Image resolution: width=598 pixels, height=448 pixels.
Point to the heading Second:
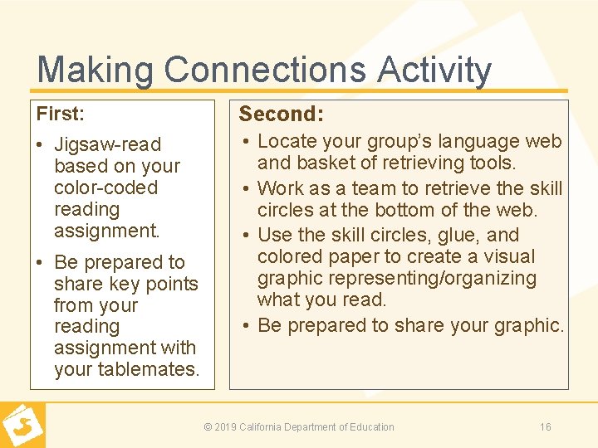281,114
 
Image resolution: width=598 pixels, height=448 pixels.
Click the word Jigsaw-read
107,144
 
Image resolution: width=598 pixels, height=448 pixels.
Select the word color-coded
105,187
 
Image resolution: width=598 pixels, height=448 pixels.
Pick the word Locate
287,142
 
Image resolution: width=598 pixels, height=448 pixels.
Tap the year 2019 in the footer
226,427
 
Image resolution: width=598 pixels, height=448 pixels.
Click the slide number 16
545,427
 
